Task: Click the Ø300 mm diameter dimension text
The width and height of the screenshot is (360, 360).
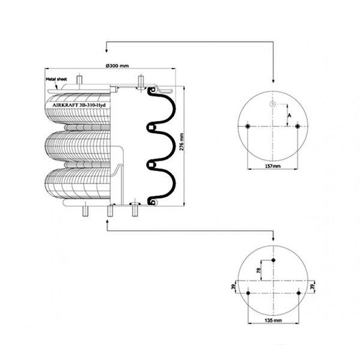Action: (118, 66)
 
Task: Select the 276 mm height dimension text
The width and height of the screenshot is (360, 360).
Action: (182, 142)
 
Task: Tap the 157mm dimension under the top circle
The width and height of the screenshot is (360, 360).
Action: (273, 166)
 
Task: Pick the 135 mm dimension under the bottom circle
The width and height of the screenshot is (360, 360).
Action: (273, 320)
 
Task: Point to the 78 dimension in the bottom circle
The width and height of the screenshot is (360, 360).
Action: (259, 270)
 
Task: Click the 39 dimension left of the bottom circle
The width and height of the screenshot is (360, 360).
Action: (233, 287)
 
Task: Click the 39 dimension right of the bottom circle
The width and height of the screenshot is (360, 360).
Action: (312, 287)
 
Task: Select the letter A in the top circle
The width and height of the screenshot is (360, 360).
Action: (290, 115)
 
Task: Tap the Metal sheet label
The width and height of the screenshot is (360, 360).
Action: (56, 79)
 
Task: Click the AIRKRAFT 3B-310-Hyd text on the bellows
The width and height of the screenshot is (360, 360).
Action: (79, 105)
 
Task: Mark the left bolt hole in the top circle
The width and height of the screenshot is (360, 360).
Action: (247, 126)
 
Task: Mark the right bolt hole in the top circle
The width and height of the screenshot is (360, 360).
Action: (298, 126)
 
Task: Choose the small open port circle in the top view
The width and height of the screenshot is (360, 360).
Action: (272, 104)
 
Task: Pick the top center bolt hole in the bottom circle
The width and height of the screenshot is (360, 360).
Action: (273, 260)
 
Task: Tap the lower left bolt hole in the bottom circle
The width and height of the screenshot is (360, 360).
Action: (248, 293)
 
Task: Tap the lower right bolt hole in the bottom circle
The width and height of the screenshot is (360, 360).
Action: (299, 293)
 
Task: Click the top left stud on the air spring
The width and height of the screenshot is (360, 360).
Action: (79, 80)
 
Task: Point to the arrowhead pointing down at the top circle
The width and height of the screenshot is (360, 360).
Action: (273, 81)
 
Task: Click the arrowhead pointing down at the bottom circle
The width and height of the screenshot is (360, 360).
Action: (273, 239)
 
